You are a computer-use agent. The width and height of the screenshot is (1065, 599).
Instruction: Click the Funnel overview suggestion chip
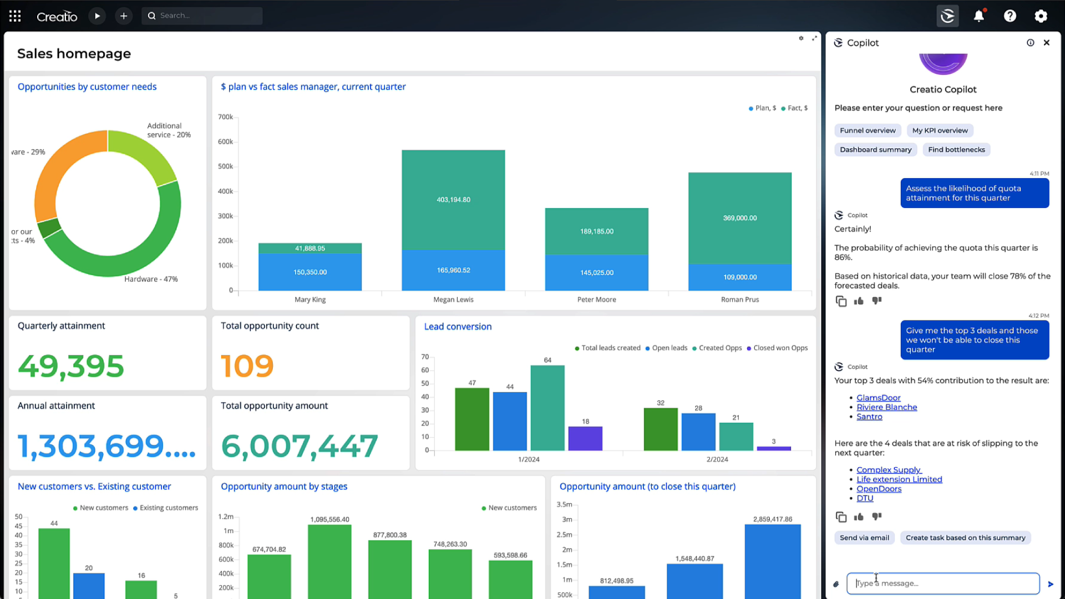coord(867,130)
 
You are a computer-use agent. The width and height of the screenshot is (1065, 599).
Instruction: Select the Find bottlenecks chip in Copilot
coord(956,150)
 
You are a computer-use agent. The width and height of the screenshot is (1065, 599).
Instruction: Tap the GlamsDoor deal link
coord(878,398)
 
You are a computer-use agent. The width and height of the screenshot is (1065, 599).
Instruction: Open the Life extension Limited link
coord(899,479)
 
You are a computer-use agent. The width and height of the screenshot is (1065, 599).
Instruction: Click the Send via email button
coord(864,537)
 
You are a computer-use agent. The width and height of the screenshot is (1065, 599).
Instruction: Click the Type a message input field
coord(942,583)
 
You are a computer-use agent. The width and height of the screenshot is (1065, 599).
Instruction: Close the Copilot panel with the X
coord(1046,43)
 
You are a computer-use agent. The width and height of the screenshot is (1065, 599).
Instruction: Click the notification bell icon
coord(978,16)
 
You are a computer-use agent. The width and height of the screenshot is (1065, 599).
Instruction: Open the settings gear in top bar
coord(1041,16)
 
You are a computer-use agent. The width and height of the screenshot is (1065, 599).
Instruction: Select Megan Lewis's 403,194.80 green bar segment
coord(453,200)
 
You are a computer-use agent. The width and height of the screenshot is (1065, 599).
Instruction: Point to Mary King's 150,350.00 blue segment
coord(310,272)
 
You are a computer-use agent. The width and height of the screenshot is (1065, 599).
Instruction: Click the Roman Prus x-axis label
coord(739,299)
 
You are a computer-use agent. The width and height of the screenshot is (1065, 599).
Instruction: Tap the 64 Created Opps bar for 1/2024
coord(547,408)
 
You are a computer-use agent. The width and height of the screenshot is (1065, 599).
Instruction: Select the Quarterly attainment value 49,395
coord(71,366)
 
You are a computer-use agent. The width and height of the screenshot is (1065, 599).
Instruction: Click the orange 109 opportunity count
coord(247,366)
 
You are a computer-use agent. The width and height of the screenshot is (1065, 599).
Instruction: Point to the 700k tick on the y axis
coord(225,117)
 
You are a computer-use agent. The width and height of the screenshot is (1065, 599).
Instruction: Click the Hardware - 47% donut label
coord(151,279)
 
